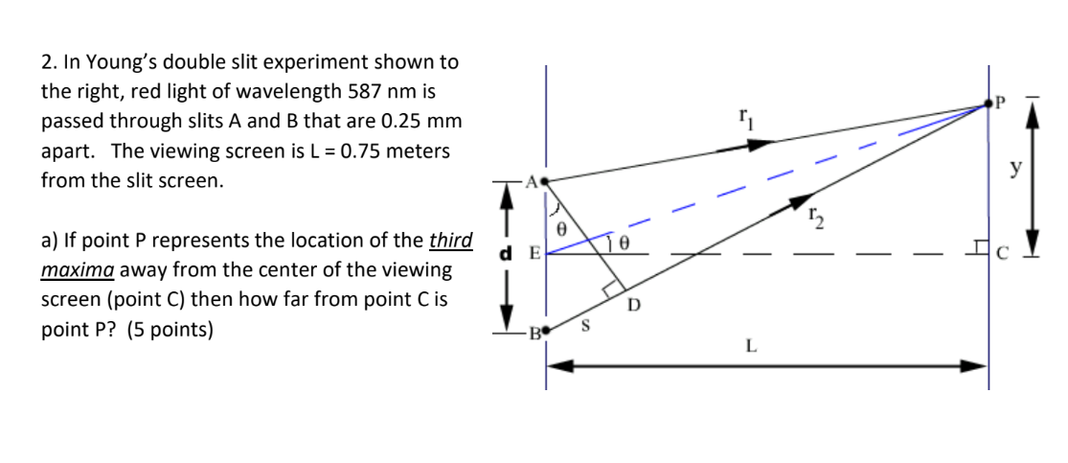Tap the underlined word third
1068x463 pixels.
(451, 240)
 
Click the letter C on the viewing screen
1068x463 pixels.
(1003, 253)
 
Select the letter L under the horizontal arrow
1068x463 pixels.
(750, 347)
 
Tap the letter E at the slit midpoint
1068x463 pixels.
(534, 253)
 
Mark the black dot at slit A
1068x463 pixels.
(545, 180)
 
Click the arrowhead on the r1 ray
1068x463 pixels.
(760, 144)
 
